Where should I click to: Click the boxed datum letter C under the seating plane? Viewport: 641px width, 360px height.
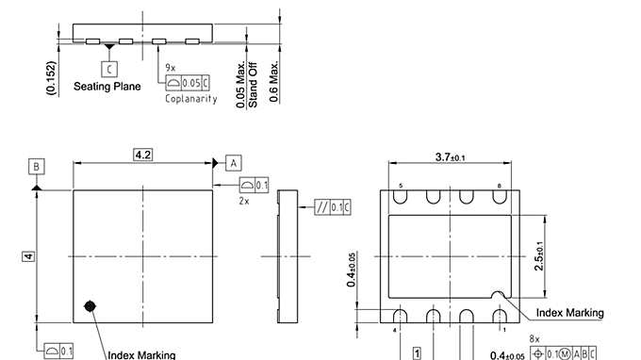coord(110,68)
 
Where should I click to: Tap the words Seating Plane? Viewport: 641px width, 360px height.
coord(107,87)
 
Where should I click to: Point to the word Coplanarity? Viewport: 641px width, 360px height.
coord(191,99)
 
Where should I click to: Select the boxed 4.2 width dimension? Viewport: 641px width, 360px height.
coord(142,154)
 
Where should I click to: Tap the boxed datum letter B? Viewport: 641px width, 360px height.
coord(36,167)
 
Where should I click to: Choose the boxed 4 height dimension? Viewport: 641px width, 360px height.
coord(29,256)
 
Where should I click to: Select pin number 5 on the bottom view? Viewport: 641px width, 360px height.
coord(401,187)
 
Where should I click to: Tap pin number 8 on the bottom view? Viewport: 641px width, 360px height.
coord(499,187)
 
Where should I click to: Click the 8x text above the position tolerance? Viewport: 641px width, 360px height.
coord(534,338)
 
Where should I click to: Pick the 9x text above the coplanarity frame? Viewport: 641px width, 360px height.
coord(171,69)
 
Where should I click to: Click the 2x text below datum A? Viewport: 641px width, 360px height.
coord(244,201)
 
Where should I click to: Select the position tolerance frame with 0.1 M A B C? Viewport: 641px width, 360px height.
coord(565,353)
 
